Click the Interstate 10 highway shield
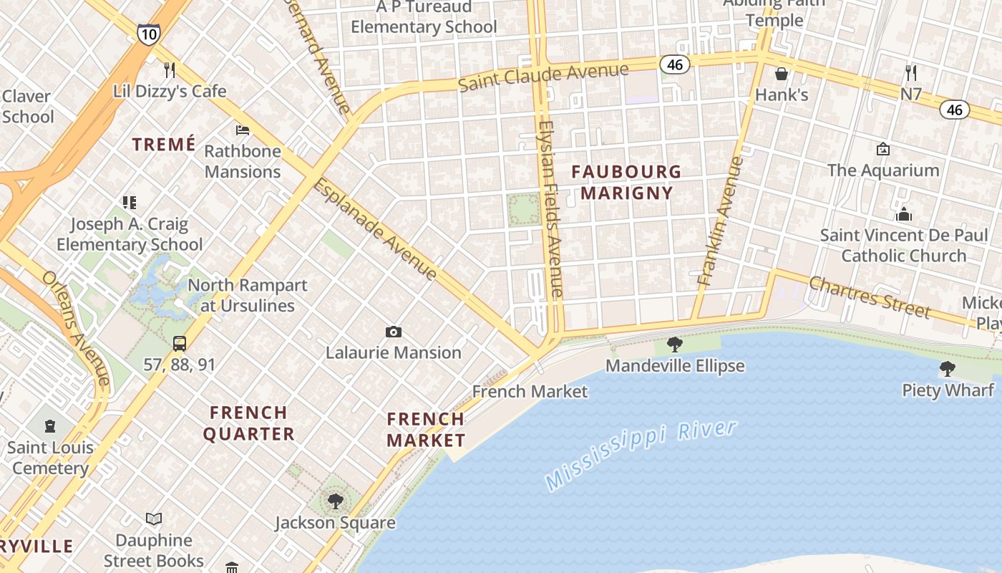(148, 34)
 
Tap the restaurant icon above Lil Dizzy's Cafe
(170, 69)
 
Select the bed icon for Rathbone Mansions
(243, 130)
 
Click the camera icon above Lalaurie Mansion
(393, 332)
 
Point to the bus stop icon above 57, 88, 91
(179, 344)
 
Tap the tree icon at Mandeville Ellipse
(674, 345)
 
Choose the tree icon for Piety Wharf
(947, 370)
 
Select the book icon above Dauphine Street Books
(154, 519)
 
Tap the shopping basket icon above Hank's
(782, 74)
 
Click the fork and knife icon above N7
(910, 72)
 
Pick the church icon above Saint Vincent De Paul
(904, 214)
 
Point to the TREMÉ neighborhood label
(164, 144)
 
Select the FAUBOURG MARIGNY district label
(626, 182)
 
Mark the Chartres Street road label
(870, 297)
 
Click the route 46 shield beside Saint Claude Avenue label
(675, 64)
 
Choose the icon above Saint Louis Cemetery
(50, 427)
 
